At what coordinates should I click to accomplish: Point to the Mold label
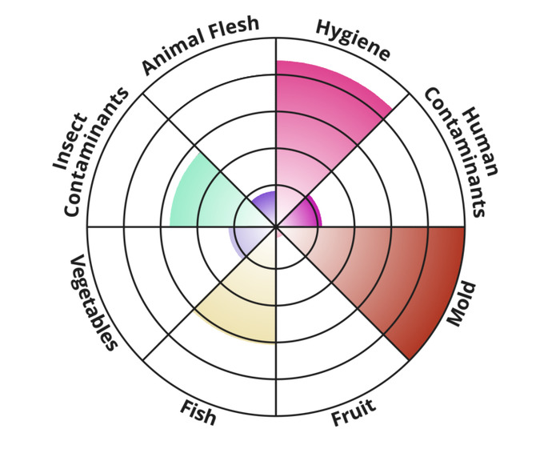tap(462, 303)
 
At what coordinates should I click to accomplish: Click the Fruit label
tap(354, 412)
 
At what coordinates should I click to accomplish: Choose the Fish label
tap(198, 412)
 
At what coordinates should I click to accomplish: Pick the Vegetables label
tap(93, 303)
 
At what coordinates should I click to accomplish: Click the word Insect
tap(70, 141)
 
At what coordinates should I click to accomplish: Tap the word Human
tap(480, 142)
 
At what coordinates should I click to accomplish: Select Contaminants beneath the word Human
tap(455, 152)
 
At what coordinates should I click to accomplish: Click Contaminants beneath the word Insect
tap(96, 151)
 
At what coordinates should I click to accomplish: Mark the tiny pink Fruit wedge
tap(278, 232)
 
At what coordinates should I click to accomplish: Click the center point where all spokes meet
tap(276, 226)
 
